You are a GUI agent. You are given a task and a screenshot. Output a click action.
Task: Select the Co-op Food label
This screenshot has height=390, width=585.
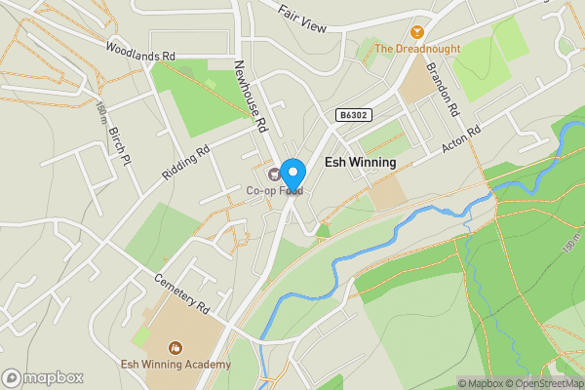274,190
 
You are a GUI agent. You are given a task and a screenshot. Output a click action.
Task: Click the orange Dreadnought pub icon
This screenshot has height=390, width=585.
418,31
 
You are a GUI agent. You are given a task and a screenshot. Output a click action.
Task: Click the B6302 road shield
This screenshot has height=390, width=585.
354,115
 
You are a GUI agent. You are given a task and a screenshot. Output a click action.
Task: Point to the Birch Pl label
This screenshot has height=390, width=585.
118,143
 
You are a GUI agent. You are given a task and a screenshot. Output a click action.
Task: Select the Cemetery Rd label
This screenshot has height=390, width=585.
181,292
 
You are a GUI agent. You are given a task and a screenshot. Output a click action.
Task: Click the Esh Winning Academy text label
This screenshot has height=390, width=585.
175,365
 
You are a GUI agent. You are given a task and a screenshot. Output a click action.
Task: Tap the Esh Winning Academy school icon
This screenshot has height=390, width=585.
175,348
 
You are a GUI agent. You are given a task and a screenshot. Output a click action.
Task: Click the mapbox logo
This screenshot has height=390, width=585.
42,377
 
